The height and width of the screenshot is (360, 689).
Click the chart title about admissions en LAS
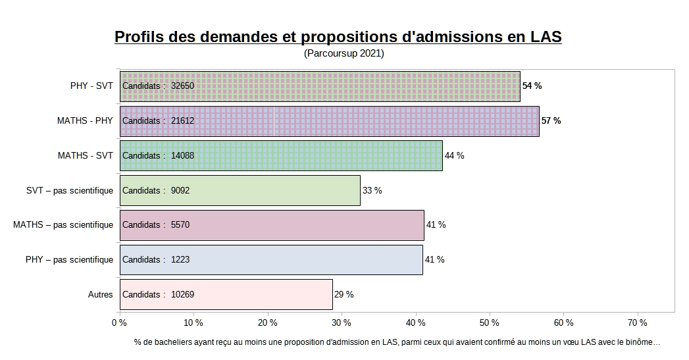(x=338, y=37)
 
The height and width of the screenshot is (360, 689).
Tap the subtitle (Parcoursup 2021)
(x=344, y=54)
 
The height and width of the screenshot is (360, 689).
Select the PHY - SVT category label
(x=91, y=86)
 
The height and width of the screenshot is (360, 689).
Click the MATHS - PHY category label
(x=85, y=121)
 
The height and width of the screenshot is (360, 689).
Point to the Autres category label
(x=100, y=295)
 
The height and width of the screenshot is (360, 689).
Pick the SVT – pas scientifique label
(x=68, y=191)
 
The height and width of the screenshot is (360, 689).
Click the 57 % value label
(x=551, y=121)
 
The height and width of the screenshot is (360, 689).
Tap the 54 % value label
(x=532, y=86)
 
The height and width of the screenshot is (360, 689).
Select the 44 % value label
(x=455, y=156)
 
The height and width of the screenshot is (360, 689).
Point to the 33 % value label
(x=372, y=191)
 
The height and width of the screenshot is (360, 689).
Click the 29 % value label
(x=344, y=295)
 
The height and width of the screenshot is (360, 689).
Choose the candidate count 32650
(x=182, y=86)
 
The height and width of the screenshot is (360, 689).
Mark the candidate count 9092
(x=180, y=191)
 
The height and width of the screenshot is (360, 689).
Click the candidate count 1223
(x=180, y=260)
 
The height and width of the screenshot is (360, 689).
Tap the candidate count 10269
(x=182, y=295)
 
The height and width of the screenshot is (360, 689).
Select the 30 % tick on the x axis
(x=342, y=323)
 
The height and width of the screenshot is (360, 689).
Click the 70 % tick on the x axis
(x=638, y=323)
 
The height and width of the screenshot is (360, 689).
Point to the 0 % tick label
(x=119, y=323)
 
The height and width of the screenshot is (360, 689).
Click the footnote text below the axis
(x=397, y=342)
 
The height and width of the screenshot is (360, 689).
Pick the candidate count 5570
(x=180, y=225)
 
